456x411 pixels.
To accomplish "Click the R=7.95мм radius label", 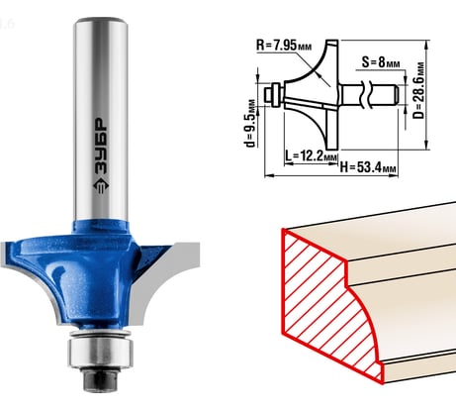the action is pos(284,46).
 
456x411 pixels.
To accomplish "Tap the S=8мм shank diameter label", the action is pos(381,62).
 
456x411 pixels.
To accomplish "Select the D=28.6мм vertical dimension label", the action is pos(419,90).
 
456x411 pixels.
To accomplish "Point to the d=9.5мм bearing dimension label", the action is pos(252,123).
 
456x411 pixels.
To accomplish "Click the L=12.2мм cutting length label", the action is pos(311,155).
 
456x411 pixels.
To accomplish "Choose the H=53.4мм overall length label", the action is pos(368,167).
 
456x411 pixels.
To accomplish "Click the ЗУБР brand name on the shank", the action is pos(101,146).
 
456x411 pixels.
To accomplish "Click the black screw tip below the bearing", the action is pos(101,378).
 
